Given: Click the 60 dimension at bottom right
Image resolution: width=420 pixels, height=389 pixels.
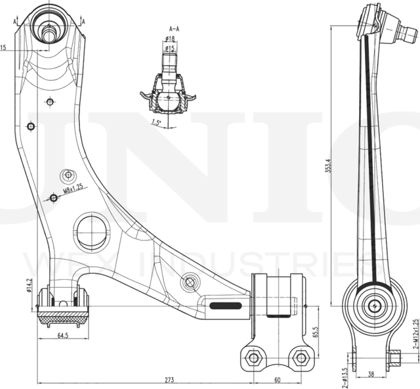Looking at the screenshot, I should click(x=277, y=380).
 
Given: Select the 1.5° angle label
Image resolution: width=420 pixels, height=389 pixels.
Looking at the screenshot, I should click(x=156, y=122).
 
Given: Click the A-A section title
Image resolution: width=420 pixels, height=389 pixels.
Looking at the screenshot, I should click(x=175, y=29).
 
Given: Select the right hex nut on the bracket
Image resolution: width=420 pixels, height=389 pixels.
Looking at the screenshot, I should click(x=301, y=357).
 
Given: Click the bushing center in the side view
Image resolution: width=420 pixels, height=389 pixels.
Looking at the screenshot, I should click(x=375, y=306).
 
